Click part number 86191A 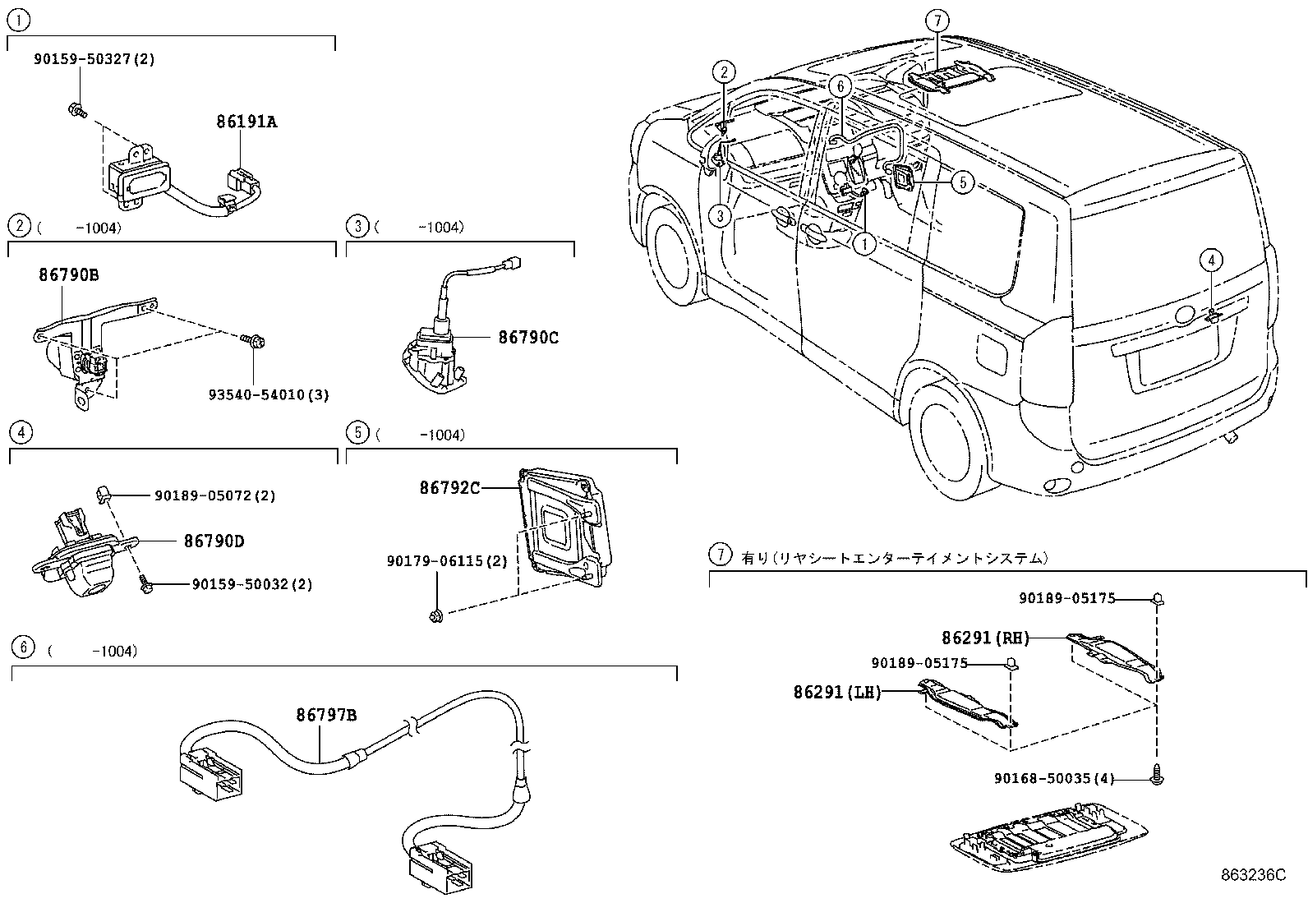pyautogui.click(x=246, y=122)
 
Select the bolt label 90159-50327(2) pyautogui.click(x=94, y=59)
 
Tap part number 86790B pyautogui.click(x=68, y=275)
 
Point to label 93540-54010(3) pyautogui.click(x=268, y=395)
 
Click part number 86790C pyautogui.click(x=528, y=338)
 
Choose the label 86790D pyautogui.click(x=214, y=541)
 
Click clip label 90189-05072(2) pyautogui.click(x=214, y=495)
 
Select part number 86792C pyautogui.click(x=449, y=488)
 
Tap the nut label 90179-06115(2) pyautogui.click(x=447, y=561)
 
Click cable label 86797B pyautogui.click(x=326, y=715)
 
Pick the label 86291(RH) pyautogui.click(x=985, y=637)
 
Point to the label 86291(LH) pyautogui.click(x=837, y=693)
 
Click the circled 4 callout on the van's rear pyautogui.click(x=1211, y=260)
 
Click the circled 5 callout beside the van pyautogui.click(x=962, y=182)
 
